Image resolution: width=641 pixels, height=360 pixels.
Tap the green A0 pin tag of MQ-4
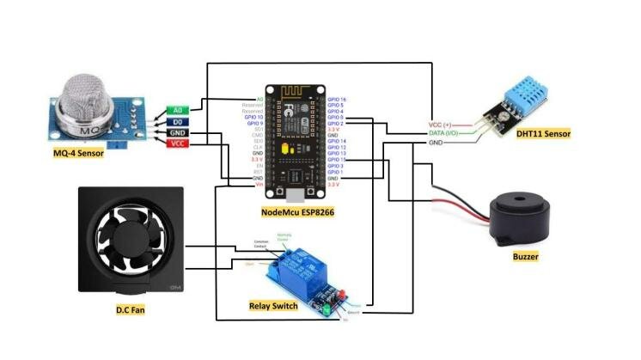click(x=178, y=111)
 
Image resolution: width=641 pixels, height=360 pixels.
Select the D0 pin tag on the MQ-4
click(x=178, y=122)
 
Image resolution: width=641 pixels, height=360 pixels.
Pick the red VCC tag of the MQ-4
click(x=178, y=144)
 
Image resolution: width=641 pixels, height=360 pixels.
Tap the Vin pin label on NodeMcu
click(x=258, y=184)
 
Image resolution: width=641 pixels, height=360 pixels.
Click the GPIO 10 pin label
click(x=253, y=117)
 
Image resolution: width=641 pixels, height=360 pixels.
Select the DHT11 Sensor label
click(x=543, y=134)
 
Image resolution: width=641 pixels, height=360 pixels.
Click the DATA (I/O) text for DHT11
click(x=447, y=133)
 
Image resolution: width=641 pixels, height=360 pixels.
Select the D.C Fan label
click(x=130, y=306)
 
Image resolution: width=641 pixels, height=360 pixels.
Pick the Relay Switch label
click(x=272, y=305)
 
